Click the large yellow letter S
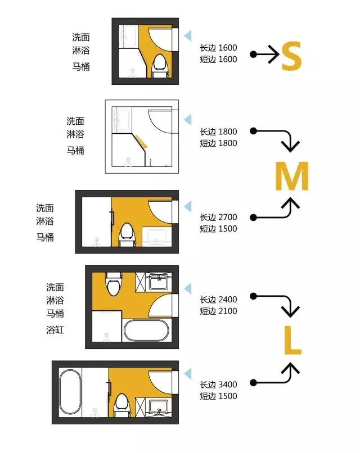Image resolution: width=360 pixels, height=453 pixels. pyautogui.click(x=291, y=56)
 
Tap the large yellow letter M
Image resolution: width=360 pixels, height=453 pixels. pyautogui.click(x=292, y=176)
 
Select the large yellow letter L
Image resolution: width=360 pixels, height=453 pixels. pyautogui.click(x=292, y=340)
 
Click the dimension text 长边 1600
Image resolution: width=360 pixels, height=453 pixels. pyautogui.click(x=218, y=48)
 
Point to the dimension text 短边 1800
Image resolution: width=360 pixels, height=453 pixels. pyautogui.click(x=218, y=143)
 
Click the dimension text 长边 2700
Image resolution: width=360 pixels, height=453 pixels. pyautogui.click(x=218, y=217)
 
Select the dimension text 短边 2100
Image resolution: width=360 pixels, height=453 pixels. pyautogui.click(x=218, y=311)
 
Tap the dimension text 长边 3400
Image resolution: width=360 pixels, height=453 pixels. pyautogui.click(x=218, y=384)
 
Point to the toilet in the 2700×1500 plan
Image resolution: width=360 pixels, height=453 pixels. pyautogui.click(x=127, y=234)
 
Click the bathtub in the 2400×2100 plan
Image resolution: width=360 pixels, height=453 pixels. pyautogui.click(x=146, y=330)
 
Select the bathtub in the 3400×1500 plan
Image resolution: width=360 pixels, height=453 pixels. pyautogui.click(x=70, y=393)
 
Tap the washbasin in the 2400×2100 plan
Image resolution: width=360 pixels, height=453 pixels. pyautogui.click(x=159, y=282)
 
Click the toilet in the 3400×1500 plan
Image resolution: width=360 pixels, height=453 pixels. pyautogui.click(x=123, y=405)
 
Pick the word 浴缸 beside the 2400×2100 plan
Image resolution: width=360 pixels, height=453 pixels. pyautogui.click(x=55, y=330)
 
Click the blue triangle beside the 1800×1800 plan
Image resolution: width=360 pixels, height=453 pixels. pyautogui.click(x=188, y=119)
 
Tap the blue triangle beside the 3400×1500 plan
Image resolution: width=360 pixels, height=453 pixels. pyautogui.click(x=188, y=373)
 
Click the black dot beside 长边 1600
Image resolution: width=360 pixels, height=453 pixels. pyautogui.click(x=253, y=54)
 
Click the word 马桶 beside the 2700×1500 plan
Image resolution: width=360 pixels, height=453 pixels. pyautogui.click(x=45, y=237)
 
